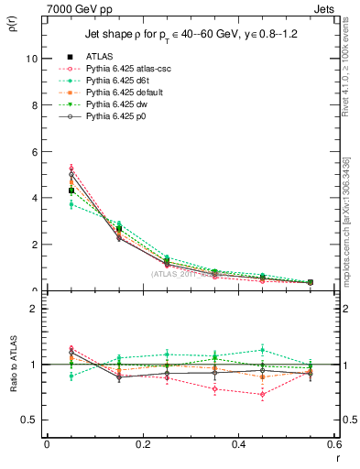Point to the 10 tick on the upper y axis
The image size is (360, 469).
click(30, 58)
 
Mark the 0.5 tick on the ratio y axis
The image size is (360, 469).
click(28, 420)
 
